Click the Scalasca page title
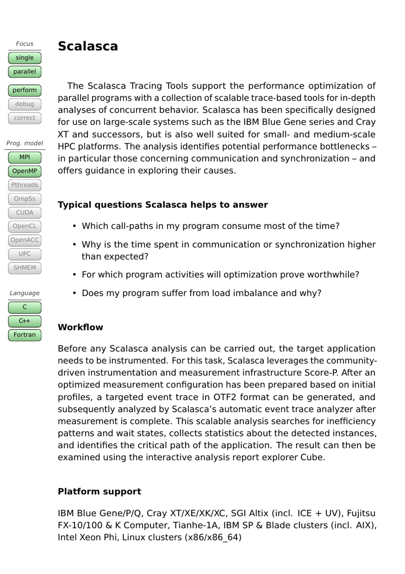tap(88, 46)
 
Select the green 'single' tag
tap(25, 58)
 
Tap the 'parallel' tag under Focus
tap(25, 72)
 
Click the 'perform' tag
tap(25, 90)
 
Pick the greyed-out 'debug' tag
tap(25, 104)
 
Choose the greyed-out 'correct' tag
tap(25, 118)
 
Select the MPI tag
tap(25, 157)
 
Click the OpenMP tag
tap(25, 171)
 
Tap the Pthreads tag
tap(25, 185)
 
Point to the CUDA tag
tap(25, 212)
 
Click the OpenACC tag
tap(25, 240)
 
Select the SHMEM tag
tap(25, 268)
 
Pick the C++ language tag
tap(25, 321)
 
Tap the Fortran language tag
tap(25, 335)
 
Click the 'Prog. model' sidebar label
tap(25, 143)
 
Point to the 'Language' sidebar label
tap(25, 293)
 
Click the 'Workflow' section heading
tap(81, 327)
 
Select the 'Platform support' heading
tap(99, 491)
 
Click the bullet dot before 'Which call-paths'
tap(74, 226)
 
